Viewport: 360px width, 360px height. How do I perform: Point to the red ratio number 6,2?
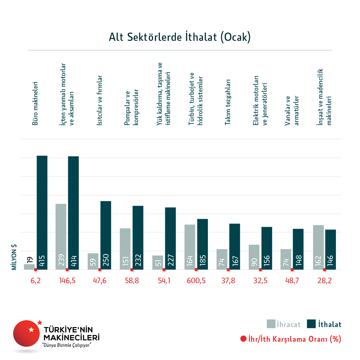coord(35,281)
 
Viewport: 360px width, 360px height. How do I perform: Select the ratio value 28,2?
coord(324,281)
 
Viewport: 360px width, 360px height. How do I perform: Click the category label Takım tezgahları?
coord(228,102)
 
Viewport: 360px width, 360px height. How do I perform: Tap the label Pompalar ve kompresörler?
coord(131,107)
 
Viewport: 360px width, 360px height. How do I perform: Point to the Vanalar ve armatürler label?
coord(292,111)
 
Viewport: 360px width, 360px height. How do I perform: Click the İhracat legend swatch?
coord(271,324)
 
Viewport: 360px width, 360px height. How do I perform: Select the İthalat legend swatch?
coord(311,324)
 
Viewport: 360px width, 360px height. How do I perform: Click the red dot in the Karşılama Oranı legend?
coord(243,339)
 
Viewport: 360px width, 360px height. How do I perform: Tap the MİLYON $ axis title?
coord(14,257)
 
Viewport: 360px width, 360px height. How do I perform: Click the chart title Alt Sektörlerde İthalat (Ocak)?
coord(180,37)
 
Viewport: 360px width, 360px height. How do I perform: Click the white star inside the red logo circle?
coord(31,330)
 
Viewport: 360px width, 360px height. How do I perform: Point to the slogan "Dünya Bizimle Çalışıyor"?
coord(67,345)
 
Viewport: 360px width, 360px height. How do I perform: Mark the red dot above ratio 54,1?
coord(164,270)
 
